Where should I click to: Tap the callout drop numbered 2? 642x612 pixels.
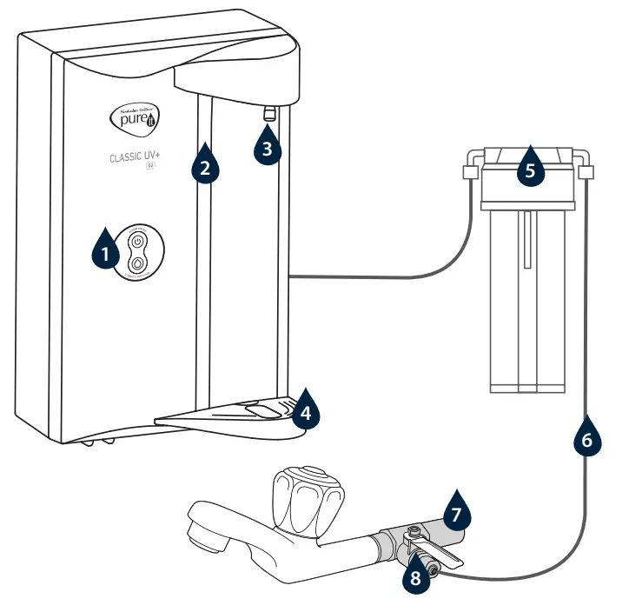point(204,165)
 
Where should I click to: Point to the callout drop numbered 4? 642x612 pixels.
point(302,411)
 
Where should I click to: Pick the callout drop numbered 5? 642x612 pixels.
point(530,169)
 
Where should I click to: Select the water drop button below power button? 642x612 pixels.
point(138,263)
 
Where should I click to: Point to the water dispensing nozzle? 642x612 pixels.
point(269,112)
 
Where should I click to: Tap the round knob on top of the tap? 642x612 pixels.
point(300,482)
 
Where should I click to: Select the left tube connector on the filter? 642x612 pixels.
point(470,172)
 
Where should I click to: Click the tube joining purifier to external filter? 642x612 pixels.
point(374,277)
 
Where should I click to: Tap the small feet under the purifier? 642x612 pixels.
point(96,442)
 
